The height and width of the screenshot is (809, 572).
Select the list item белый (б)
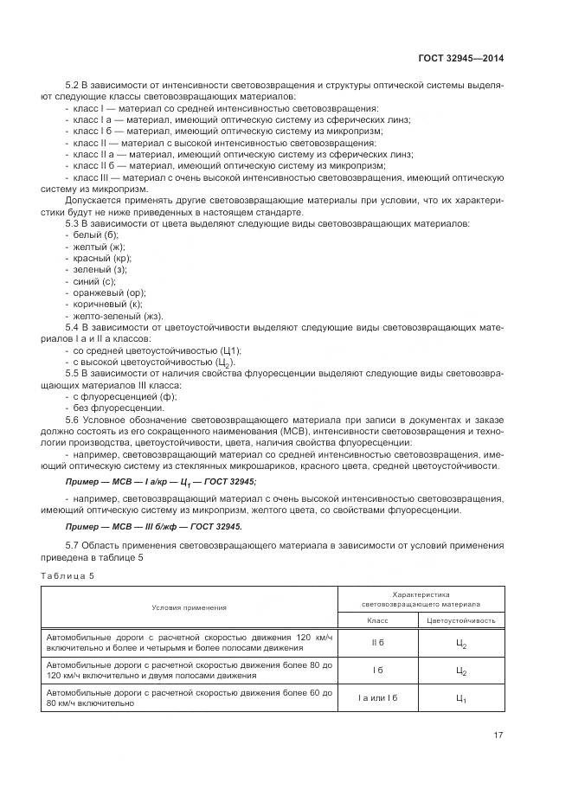[x=96, y=234]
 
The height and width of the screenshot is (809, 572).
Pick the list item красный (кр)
[x=102, y=258]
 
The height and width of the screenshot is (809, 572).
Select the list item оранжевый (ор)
[x=107, y=292]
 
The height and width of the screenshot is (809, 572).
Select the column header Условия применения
[x=189, y=607]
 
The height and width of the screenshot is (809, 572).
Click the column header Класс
[x=377, y=620]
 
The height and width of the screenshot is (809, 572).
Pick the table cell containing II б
[x=377, y=642]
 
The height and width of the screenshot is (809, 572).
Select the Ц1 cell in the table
[x=460, y=699]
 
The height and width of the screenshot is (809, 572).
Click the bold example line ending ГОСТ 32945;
[x=161, y=481]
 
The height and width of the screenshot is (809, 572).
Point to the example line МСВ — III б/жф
[x=154, y=527]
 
